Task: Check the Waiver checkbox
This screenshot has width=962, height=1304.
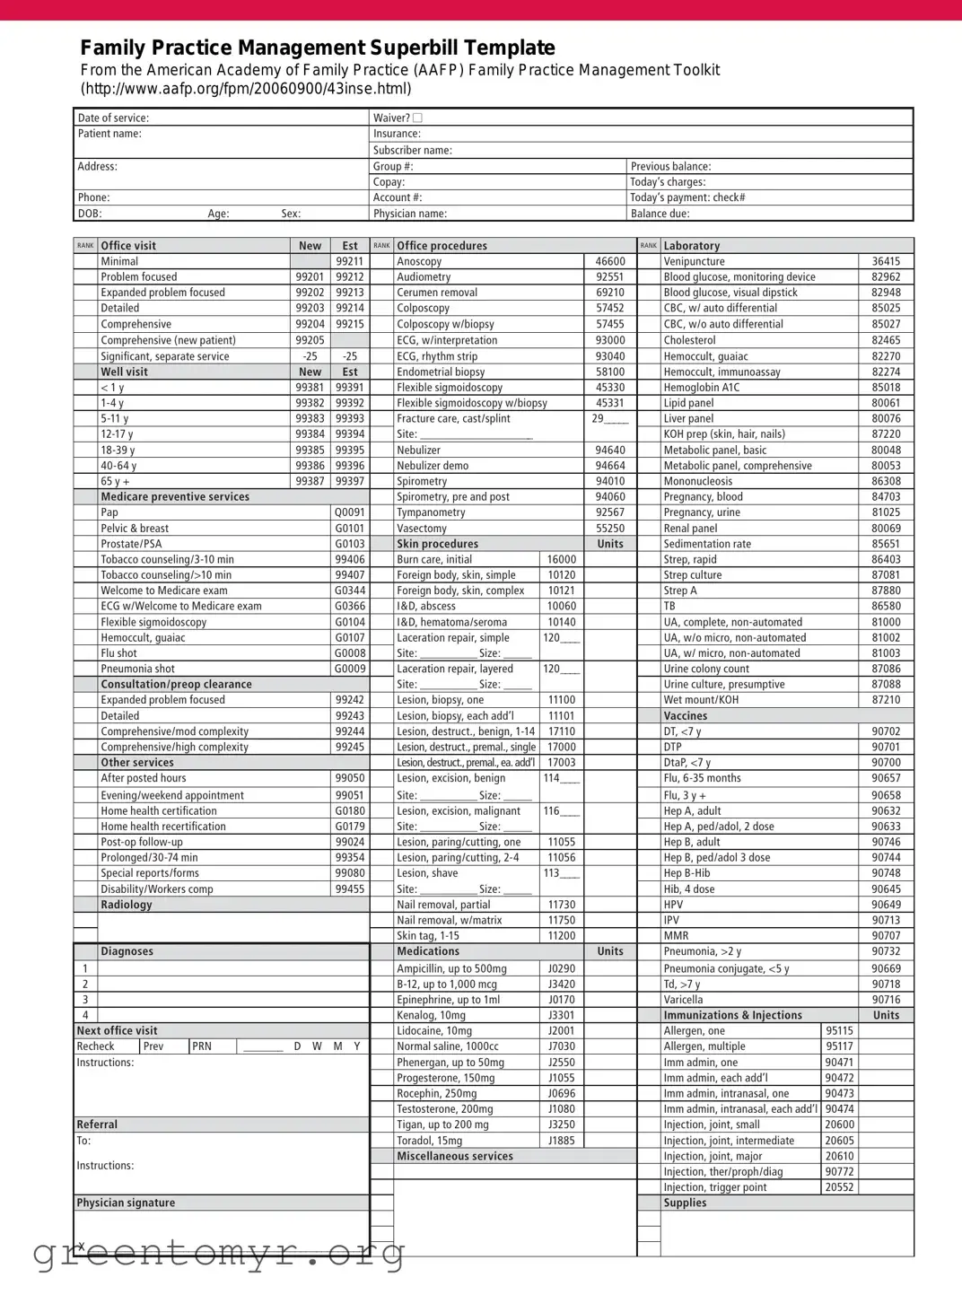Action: pyautogui.click(x=418, y=118)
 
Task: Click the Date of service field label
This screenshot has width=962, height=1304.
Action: pyautogui.click(x=113, y=118)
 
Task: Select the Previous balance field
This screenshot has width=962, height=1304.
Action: pyautogui.click(x=670, y=166)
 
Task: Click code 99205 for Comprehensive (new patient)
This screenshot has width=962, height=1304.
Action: pyautogui.click(x=310, y=340)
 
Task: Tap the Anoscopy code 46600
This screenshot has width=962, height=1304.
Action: pyautogui.click(x=610, y=261)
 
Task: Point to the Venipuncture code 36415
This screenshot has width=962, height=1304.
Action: pyautogui.click(x=886, y=261)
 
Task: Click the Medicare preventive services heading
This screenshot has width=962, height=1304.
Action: pyautogui.click(x=175, y=496)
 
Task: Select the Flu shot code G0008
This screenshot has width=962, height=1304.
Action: pyautogui.click(x=350, y=653)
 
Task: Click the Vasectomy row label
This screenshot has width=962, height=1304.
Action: pyautogui.click(x=422, y=529)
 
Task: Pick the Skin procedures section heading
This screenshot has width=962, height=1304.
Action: pyautogui.click(x=438, y=544)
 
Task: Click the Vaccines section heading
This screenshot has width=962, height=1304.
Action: pyautogui.click(x=686, y=716)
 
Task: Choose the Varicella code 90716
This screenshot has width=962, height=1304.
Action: pyautogui.click(x=886, y=1000)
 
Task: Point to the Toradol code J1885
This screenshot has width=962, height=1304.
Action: pyautogui.click(x=562, y=1141)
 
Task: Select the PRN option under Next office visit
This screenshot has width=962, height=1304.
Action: pyautogui.click(x=202, y=1046)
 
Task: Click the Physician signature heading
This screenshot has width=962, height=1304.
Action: pyautogui.click(x=126, y=1203)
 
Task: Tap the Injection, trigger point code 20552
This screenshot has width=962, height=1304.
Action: pyautogui.click(x=840, y=1187)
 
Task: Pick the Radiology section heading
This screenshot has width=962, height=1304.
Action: pyautogui.click(x=127, y=905)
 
